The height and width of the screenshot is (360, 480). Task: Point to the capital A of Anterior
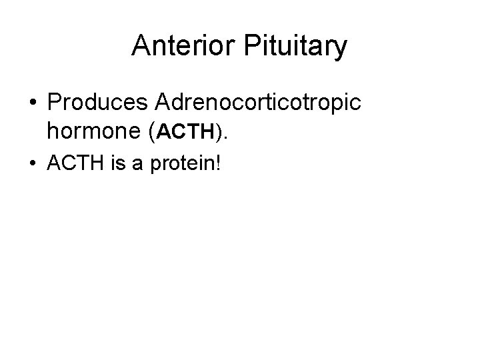tap(141, 46)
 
